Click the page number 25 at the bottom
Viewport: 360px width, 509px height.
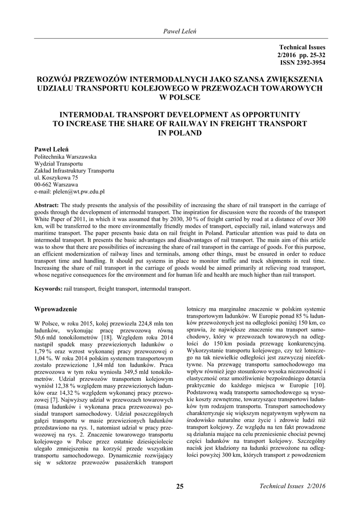point(180,486)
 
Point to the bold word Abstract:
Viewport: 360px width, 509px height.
point(46,205)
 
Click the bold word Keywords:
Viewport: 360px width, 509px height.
point(48,289)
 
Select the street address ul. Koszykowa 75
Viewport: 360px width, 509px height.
point(56,177)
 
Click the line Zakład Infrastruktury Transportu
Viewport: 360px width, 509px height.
point(74,170)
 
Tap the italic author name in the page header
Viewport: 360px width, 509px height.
point(180,32)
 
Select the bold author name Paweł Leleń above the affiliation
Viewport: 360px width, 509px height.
point(51,149)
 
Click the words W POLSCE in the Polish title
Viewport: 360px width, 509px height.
point(180,96)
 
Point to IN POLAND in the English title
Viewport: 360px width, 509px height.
point(180,133)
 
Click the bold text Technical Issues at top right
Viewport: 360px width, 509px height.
point(302,47)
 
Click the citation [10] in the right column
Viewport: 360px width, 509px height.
point(319,386)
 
